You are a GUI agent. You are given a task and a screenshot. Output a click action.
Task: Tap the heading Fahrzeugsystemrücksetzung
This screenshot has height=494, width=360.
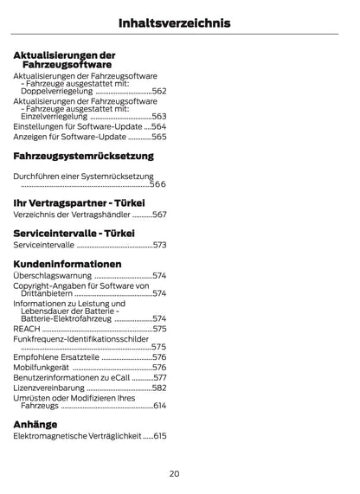[x=83, y=156]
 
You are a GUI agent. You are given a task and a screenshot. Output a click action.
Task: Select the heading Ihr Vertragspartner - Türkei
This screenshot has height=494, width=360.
[x=79, y=202]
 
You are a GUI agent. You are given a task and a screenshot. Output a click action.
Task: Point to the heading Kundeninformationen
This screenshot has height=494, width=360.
[x=67, y=263]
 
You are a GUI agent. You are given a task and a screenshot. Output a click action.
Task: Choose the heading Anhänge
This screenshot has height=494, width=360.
[x=35, y=424]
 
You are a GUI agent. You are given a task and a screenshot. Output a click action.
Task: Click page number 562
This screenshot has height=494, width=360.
[x=158, y=90]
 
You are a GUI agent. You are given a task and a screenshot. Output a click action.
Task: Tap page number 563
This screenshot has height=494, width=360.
[x=158, y=115]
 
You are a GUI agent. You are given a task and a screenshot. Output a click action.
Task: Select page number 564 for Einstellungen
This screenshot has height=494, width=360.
[x=158, y=125]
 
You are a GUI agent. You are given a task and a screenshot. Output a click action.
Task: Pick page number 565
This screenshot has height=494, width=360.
[x=158, y=137]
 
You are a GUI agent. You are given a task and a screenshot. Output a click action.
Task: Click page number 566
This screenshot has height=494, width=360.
[x=157, y=184]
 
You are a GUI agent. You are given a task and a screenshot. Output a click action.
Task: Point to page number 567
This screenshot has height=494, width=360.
[x=158, y=214]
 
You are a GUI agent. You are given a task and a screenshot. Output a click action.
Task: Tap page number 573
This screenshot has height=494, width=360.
[x=158, y=245]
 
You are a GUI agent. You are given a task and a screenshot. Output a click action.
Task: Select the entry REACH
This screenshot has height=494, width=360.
[x=26, y=329]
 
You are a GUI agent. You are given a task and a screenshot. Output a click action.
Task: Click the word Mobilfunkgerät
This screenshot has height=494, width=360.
[x=42, y=367]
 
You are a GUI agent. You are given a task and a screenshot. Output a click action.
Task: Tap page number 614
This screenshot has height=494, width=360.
[x=158, y=405]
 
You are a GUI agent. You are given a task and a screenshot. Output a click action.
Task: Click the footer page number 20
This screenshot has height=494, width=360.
[x=174, y=473]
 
